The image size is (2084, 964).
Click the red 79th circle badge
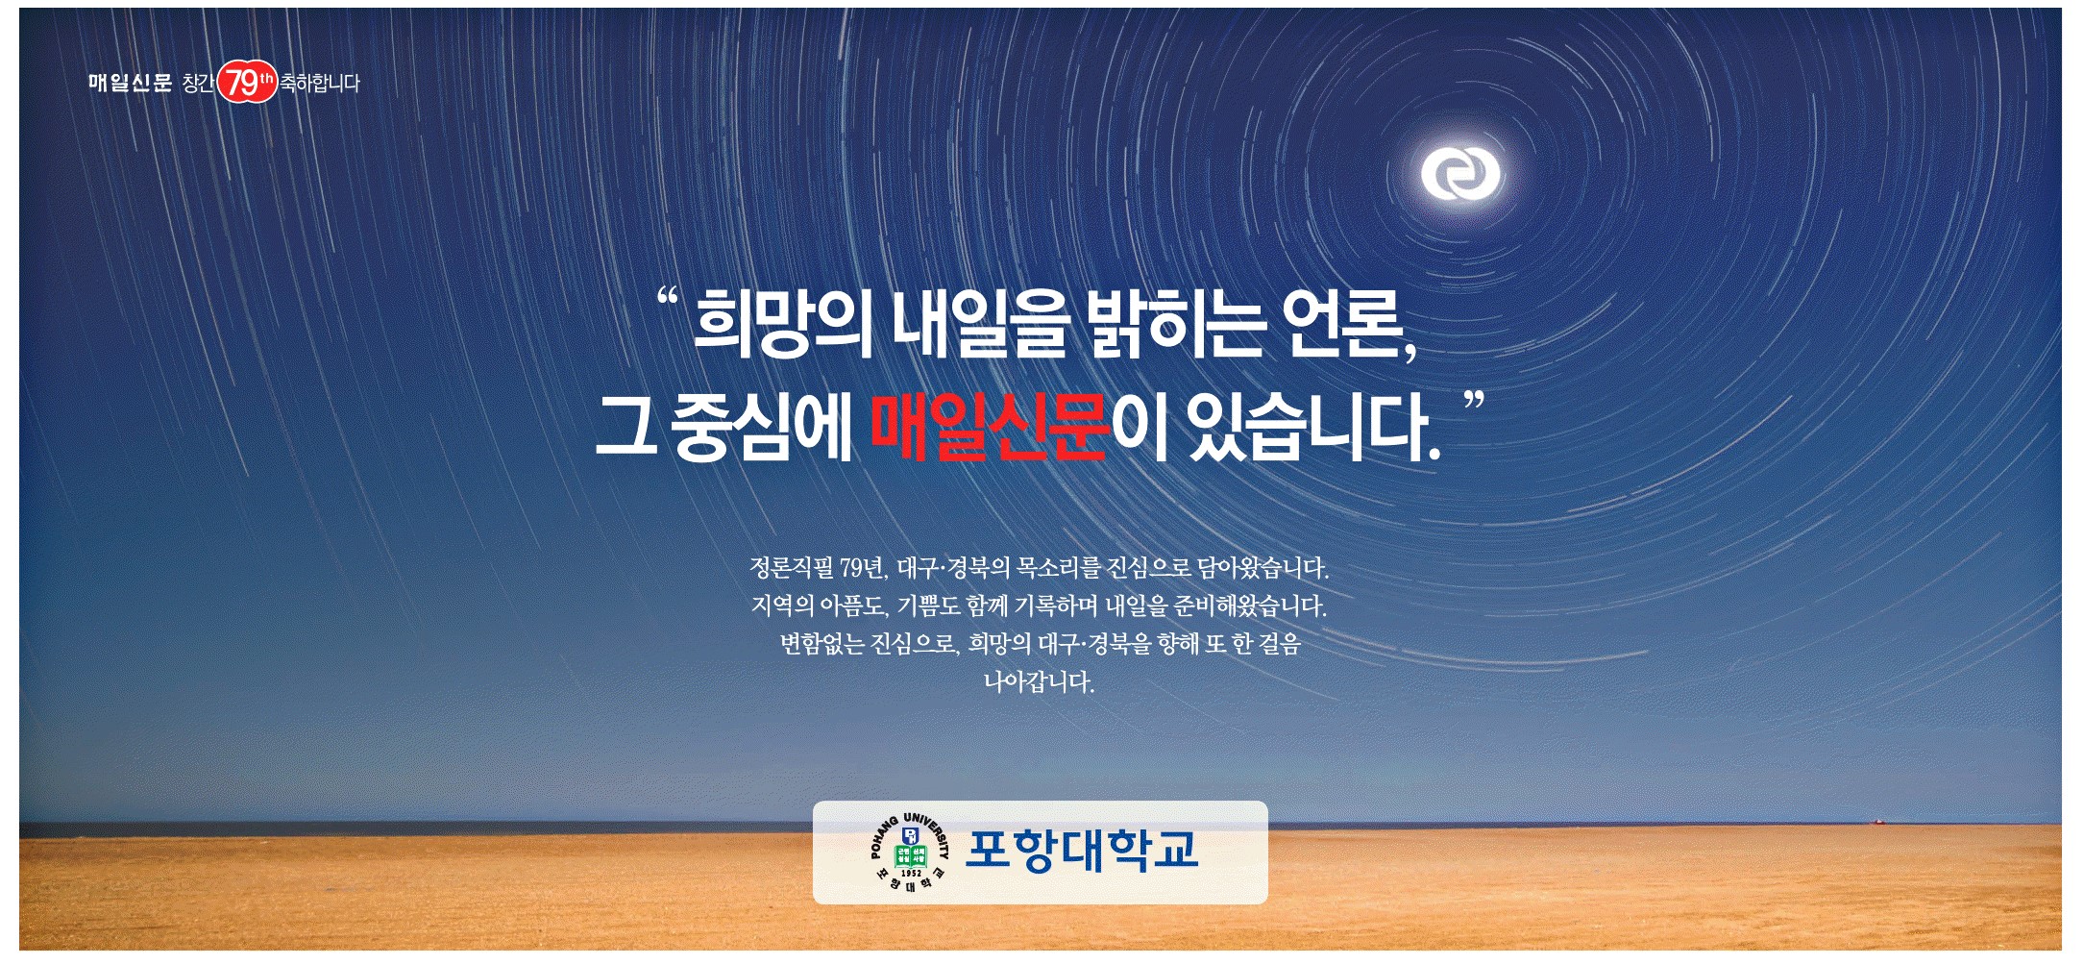click(x=247, y=82)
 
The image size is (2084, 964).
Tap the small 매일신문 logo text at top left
click(x=130, y=83)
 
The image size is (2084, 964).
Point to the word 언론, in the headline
click(x=1351, y=324)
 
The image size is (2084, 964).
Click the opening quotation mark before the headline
click(x=668, y=297)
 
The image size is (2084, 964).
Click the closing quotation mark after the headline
click(x=1474, y=401)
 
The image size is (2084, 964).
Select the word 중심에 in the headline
click(x=761, y=426)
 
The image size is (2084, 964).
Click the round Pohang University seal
click(x=910, y=852)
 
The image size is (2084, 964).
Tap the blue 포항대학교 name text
click(x=1082, y=850)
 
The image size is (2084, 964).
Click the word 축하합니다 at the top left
click(x=320, y=84)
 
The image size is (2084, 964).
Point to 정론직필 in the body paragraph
click(x=792, y=568)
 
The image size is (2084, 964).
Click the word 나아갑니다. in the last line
click(x=1040, y=682)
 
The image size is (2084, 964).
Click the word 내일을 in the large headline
click(x=978, y=323)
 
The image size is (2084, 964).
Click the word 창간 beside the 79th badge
click(x=198, y=84)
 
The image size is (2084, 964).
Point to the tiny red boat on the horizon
click(x=1880, y=822)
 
